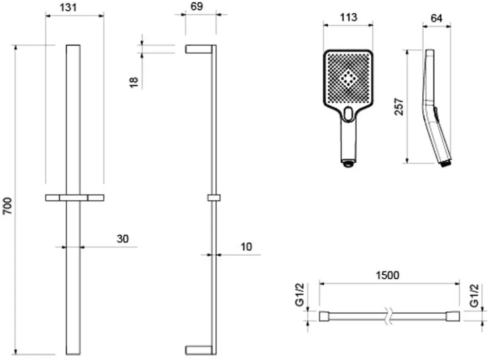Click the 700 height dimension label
click(x=7, y=206)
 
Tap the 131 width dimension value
click(x=68, y=7)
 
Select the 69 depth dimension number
click(x=196, y=6)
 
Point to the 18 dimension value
click(x=134, y=82)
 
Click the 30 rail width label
click(x=123, y=239)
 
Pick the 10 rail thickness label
click(x=246, y=247)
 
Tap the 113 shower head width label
click(x=348, y=17)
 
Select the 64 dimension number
click(x=436, y=18)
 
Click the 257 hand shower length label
click(x=399, y=107)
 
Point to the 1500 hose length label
click(x=387, y=275)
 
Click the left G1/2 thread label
click(x=299, y=295)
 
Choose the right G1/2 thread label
click(x=474, y=295)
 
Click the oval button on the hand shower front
click(x=348, y=113)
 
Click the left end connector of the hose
click(x=324, y=316)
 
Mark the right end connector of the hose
click(x=453, y=316)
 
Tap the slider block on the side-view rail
click(x=214, y=198)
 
